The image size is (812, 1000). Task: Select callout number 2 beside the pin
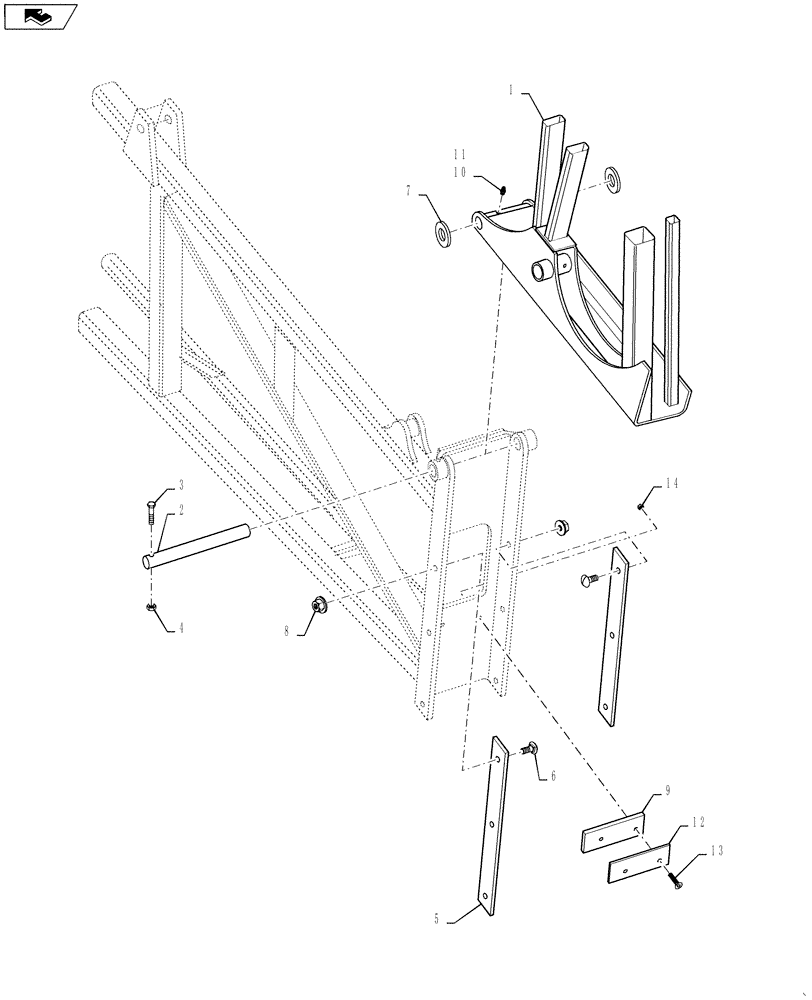pyautogui.click(x=181, y=509)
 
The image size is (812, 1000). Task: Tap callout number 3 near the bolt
pyautogui.click(x=181, y=486)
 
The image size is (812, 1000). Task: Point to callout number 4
pyautogui.click(x=181, y=628)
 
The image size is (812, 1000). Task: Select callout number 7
pyautogui.click(x=409, y=189)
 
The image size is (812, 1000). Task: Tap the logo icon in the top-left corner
pyautogui.click(x=40, y=15)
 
